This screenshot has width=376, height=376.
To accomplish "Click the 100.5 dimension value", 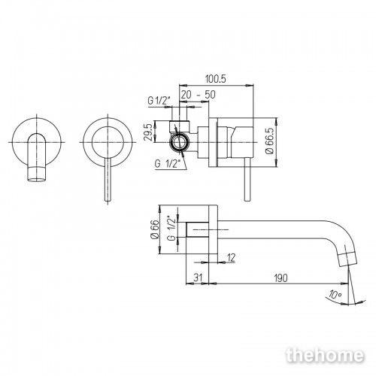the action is pos(216,79).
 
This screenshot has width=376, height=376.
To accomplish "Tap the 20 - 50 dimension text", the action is pos(198,95).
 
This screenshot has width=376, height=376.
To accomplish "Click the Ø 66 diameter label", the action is pos(155,229).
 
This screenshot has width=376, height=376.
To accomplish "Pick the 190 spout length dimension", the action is pos(280,277).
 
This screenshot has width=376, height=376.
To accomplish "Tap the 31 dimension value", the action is pos(198,277).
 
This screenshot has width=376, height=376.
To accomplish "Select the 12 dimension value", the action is pos(231,257).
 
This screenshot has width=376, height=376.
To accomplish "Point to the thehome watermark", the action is pos(325,355).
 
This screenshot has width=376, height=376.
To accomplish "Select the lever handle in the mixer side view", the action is pos(247,180).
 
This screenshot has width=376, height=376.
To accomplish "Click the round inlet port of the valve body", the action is pos(178,142).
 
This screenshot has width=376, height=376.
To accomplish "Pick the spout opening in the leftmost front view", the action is pos(37,180).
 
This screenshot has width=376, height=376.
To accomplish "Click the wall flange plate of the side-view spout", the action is pos(214,229).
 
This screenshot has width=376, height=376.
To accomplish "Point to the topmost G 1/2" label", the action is pos(159,101).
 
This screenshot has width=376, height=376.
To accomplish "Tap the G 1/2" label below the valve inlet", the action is pos(168,164).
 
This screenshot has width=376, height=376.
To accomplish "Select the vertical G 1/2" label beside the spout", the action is pos(171,229).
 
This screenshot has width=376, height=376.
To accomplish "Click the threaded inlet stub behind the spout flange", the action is pos(197,229).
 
